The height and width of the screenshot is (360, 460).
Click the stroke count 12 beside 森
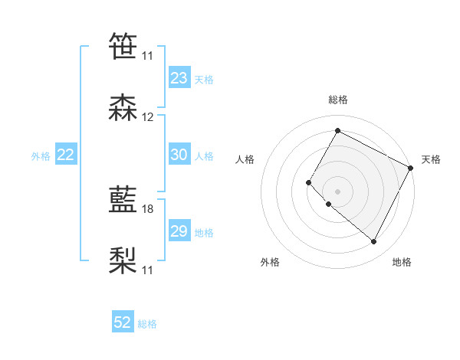[x=148, y=117]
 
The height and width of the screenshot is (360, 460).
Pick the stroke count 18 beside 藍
[x=148, y=209]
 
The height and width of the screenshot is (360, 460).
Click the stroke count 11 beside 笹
[x=148, y=56]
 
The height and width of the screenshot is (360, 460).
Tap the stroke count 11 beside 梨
[x=148, y=270]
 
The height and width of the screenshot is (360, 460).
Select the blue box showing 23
[x=179, y=78]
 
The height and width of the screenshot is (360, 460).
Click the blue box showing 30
[x=179, y=155]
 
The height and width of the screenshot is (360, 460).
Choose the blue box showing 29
[x=179, y=231]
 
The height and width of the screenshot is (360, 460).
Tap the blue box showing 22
[x=66, y=155]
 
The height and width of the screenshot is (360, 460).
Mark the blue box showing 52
[x=123, y=323]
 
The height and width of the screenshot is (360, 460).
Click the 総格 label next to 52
[x=147, y=325]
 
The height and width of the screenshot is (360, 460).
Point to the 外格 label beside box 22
[x=41, y=156]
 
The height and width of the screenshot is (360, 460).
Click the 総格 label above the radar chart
[x=338, y=100]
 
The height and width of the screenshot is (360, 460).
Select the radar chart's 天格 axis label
[x=431, y=159]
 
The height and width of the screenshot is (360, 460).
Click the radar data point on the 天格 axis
[x=411, y=168]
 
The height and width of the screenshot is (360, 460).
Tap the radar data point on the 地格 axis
[x=374, y=242]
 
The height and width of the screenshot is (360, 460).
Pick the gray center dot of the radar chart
[x=338, y=191]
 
